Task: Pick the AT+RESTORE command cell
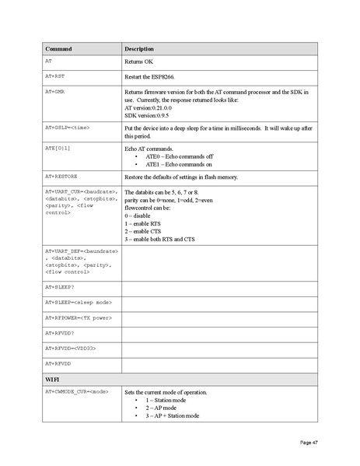[x=61, y=177]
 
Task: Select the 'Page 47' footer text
[x=309, y=443]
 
